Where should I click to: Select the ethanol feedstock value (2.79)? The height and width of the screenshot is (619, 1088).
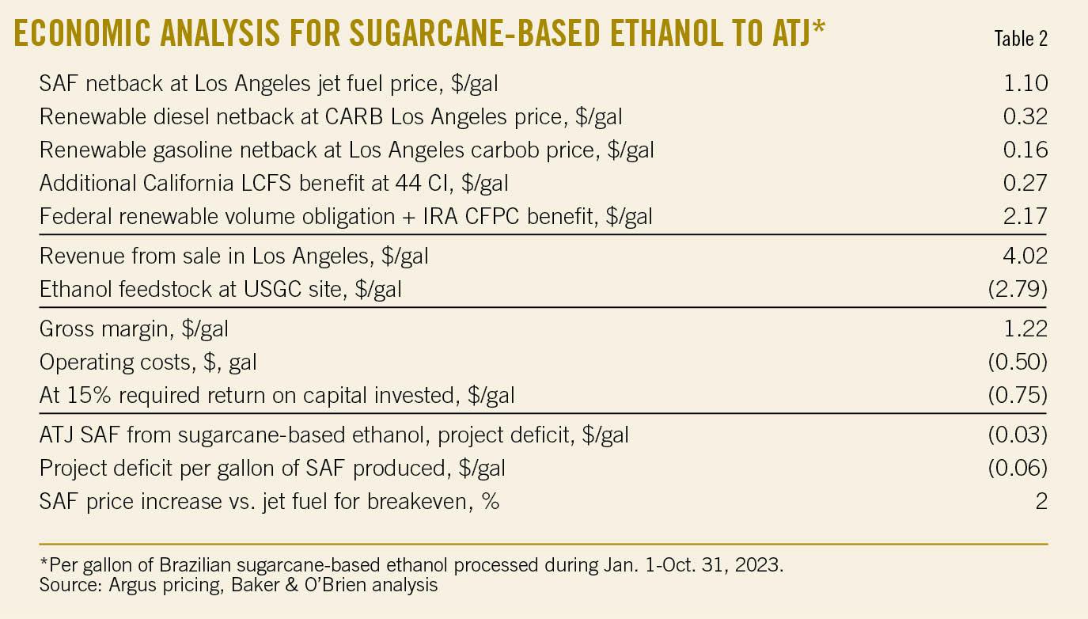click(x=1018, y=290)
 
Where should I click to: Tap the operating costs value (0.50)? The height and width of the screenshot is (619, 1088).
click(x=1018, y=362)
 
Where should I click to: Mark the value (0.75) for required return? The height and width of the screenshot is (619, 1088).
click(x=1018, y=395)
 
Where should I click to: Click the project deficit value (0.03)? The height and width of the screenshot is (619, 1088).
click(x=1018, y=435)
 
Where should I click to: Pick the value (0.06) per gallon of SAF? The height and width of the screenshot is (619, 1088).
click(x=1018, y=468)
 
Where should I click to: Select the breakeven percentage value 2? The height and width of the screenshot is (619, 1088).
click(x=1041, y=501)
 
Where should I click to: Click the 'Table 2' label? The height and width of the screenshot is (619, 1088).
click(x=1021, y=40)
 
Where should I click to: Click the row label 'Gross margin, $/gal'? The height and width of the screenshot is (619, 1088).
click(x=134, y=328)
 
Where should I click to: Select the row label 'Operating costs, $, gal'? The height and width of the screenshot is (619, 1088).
click(x=148, y=363)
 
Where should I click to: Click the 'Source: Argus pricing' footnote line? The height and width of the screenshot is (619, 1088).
click(x=237, y=586)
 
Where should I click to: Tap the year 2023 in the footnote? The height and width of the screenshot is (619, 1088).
click(x=759, y=568)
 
